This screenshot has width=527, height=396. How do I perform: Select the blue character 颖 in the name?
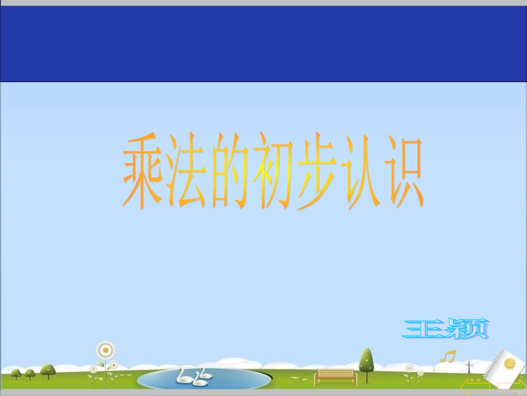click(x=469, y=329)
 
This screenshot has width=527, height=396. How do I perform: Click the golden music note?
click(x=447, y=356)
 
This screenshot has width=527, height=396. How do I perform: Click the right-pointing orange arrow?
click(x=511, y=388)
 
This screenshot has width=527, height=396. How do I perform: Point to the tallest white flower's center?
click(x=105, y=350)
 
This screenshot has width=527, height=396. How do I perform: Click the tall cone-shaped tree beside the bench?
click(x=366, y=361)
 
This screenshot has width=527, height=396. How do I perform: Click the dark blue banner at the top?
click(x=263, y=43)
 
